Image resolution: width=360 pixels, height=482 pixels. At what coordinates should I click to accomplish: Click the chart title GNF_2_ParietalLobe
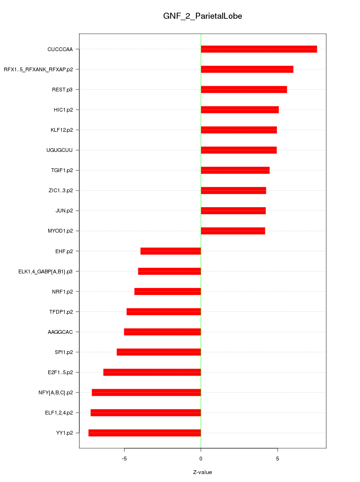(202, 16)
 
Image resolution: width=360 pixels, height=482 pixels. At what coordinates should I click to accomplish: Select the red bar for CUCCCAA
(259, 49)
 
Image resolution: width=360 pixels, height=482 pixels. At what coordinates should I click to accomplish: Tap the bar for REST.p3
(244, 90)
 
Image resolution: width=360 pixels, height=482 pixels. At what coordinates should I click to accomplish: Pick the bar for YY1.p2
(144, 433)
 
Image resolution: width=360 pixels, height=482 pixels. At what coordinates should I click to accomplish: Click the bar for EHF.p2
(171, 251)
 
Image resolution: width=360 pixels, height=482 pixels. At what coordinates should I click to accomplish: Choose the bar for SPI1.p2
(159, 352)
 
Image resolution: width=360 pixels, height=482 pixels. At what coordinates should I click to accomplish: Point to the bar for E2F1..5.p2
(152, 372)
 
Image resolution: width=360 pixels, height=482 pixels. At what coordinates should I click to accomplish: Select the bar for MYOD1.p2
(233, 231)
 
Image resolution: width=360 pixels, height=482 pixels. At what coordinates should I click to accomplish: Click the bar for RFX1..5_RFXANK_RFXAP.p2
(247, 69)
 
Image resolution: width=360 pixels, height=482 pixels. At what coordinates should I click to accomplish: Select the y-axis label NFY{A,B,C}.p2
(55, 392)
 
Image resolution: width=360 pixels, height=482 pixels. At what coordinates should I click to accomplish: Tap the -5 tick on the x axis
(124, 458)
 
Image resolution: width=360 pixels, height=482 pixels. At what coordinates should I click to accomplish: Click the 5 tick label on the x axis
(277, 458)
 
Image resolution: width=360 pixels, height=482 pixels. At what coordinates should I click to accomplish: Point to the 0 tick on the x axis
(201, 458)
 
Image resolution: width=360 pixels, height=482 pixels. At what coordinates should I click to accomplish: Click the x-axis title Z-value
(202, 472)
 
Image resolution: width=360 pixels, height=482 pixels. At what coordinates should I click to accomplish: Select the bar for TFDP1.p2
(164, 312)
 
